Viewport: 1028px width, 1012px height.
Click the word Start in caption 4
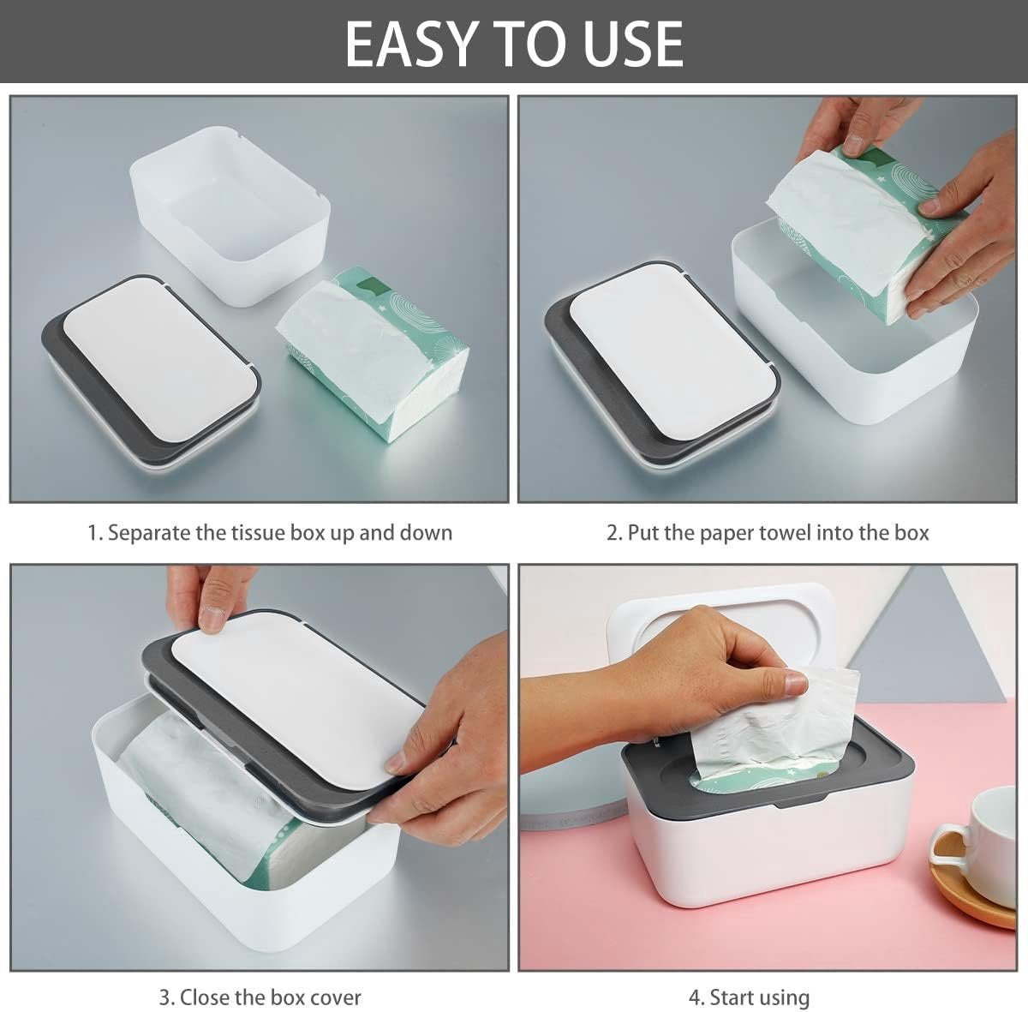tap(733, 997)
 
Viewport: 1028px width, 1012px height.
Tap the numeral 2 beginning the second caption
tap(613, 533)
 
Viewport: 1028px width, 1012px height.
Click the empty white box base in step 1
tap(230, 216)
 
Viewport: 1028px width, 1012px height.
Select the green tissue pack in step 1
tap(373, 354)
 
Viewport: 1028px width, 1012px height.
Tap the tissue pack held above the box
tap(864, 235)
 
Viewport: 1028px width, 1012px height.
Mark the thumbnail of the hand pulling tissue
tap(797, 683)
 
